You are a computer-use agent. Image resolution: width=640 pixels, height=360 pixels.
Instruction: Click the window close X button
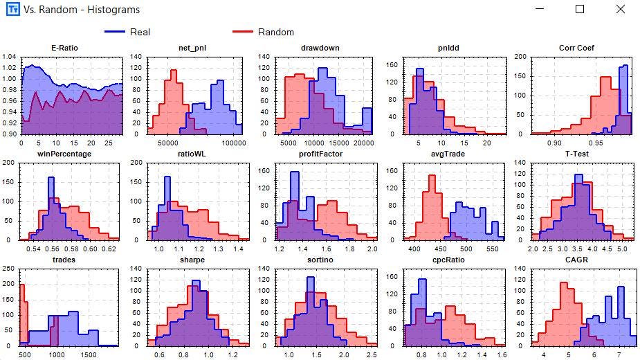coord(621,10)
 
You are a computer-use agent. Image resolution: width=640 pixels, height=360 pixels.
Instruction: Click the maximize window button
coord(580,10)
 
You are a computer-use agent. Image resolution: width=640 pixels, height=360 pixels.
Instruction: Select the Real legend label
coord(140,32)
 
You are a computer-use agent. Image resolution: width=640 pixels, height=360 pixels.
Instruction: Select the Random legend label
coord(275,32)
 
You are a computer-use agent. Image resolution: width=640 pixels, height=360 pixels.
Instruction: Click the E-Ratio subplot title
coord(68,48)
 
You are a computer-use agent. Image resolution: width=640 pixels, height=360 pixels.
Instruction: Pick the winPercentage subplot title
coord(68,154)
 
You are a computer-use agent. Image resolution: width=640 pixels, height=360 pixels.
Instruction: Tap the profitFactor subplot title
coord(323,154)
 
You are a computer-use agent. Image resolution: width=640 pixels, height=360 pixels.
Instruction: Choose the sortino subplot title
coord(323,260)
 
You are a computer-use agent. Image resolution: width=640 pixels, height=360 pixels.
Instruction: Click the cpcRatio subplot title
coord(450,260)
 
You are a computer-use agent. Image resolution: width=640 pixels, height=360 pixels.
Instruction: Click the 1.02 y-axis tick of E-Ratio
coord(10,67)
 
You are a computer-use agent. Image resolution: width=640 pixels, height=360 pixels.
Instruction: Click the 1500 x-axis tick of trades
coord(88,354)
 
